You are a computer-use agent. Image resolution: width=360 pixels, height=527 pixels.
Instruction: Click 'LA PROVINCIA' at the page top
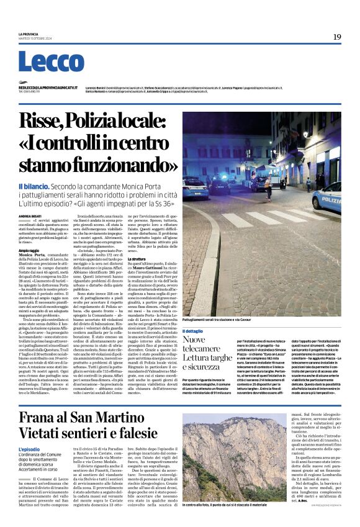click(28, 34)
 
